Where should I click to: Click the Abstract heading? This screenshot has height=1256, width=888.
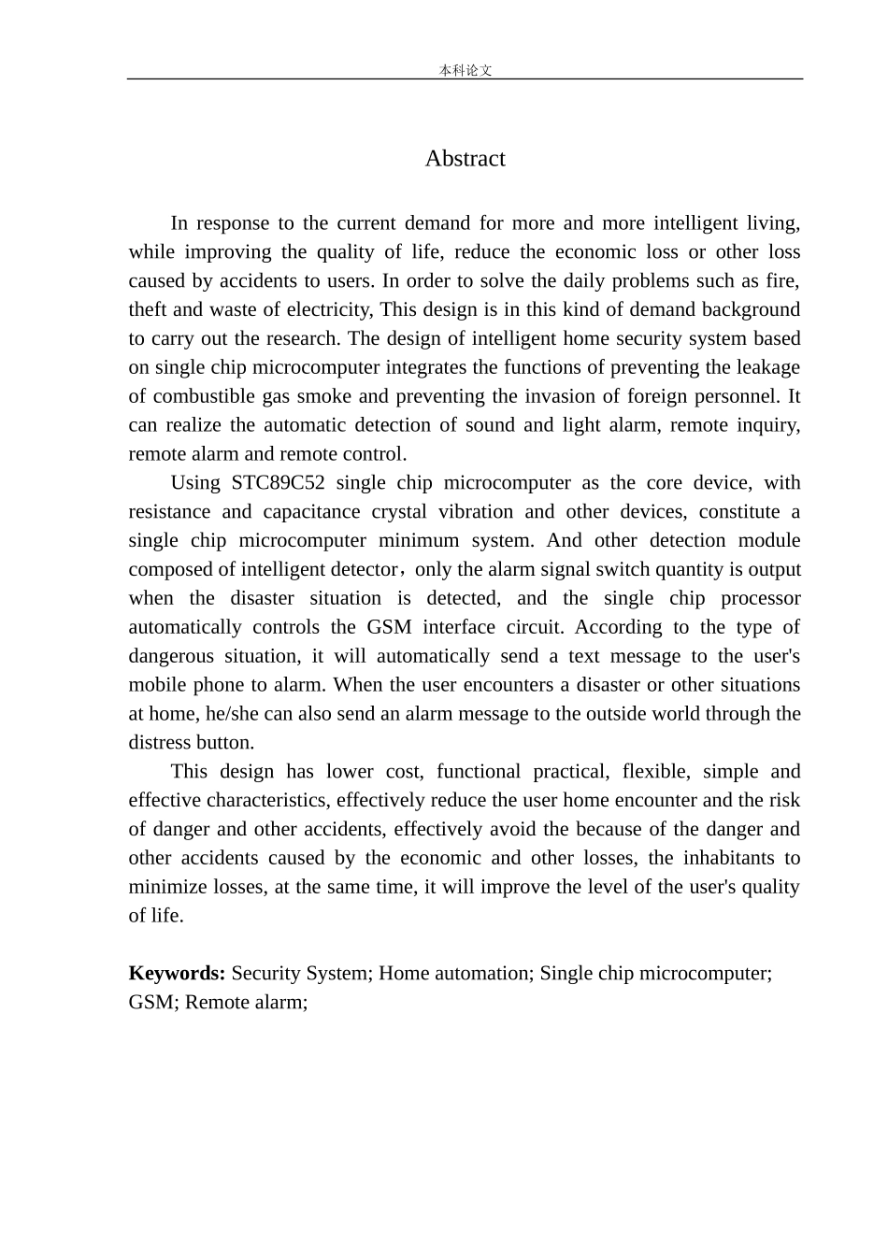coord(465,159)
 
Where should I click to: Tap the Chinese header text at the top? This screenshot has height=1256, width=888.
coord(465,70)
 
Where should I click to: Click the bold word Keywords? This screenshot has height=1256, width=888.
coord(177,974)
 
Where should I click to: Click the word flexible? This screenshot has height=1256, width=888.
coord(657,772)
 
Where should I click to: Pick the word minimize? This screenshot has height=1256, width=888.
coord(165,887)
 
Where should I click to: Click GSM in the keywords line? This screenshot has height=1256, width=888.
coord(150,1003)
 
